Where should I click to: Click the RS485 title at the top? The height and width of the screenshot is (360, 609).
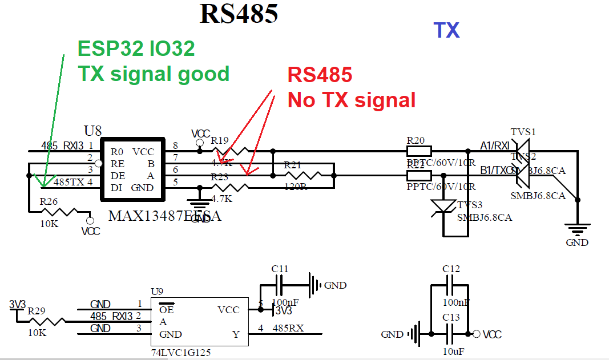pyautogui.click(x=239, y=14)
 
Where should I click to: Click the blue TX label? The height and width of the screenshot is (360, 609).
pyautogui.click(x=446, y=30)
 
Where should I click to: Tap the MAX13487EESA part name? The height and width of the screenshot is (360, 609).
pyautogui.click(x=164, y=217)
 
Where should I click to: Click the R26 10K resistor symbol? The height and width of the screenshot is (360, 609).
pyautogui.click(x=59, y=212)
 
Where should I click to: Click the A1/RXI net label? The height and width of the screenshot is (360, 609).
pyautogui.click(x=494, y=146)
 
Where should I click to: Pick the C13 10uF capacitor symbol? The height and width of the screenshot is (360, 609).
pyautogui.click(x=450, y=334)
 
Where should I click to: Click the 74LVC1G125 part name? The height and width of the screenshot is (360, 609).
pyautogui.click(x=181, y=353)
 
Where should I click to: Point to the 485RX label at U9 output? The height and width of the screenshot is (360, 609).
pyautogui.click(x=288, y=328)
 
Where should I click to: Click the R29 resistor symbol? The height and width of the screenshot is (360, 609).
pyautogui.click(x=47, y=322)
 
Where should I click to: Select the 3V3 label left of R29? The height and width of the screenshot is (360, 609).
pyautogui.click(x=18, y=305)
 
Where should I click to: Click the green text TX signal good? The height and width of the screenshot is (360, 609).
pyautogui.click(x=154, y=74)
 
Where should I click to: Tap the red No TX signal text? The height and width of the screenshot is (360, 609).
pyautogui.click(x=352, y=100)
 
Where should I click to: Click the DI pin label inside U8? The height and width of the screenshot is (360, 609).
pyautogui.click(x=116, y=187)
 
